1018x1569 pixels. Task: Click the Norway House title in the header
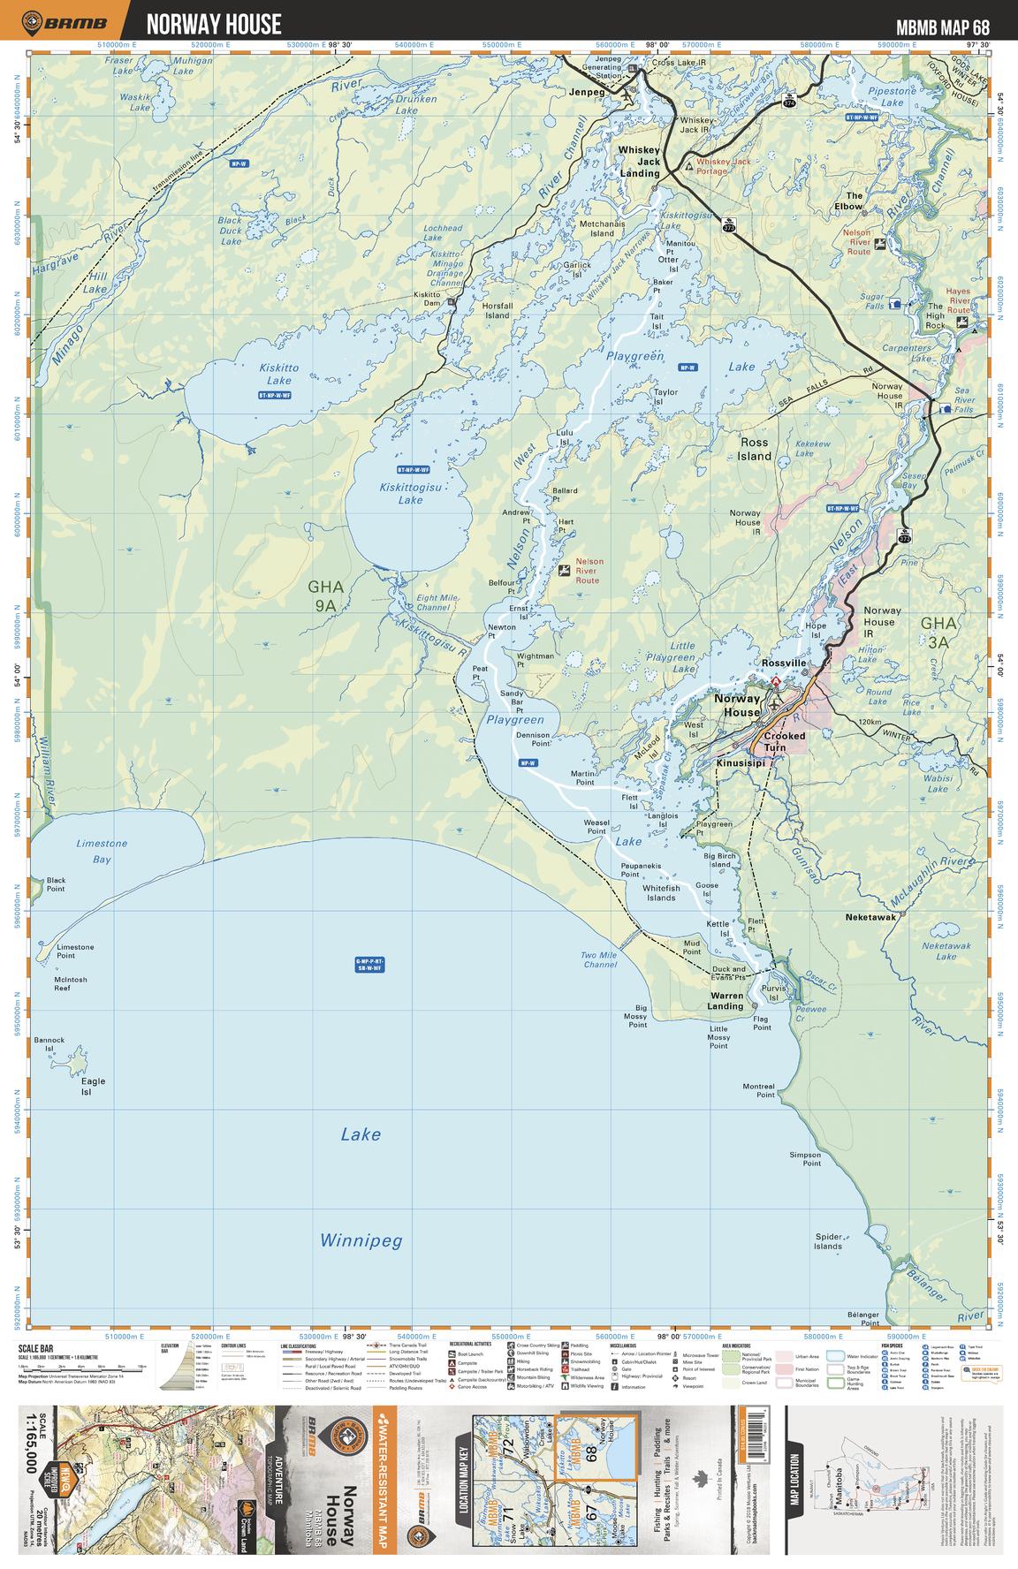point(214,23)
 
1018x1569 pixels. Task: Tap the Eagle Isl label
point(93,1086)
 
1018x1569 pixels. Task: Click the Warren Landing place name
point(726,1001)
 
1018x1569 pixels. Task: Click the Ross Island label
point(756,449)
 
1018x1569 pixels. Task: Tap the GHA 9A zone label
point(324,595)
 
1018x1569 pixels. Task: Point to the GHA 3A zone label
point(938,633)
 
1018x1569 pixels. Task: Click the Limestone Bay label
point(102,850)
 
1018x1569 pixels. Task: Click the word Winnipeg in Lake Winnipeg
point(361,1240)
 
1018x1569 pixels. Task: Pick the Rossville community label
point(784,663)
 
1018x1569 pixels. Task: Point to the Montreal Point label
point(758,1090)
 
